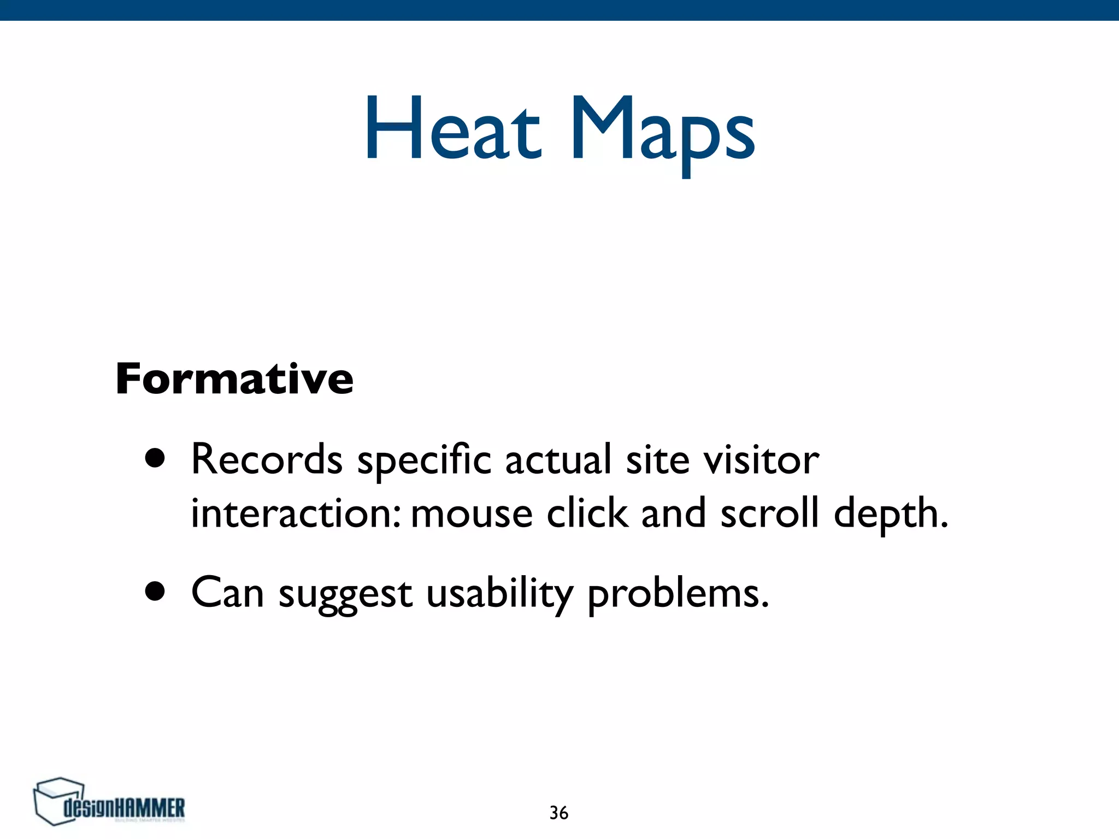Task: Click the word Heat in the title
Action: point(452,130)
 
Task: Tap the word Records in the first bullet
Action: point(267,460)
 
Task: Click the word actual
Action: point(558,460)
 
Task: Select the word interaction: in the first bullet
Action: point(296,513)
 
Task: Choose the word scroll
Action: point(769,513)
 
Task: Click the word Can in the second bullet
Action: point(227,593)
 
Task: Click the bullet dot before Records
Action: point(155,459)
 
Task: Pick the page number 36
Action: point(558,813)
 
